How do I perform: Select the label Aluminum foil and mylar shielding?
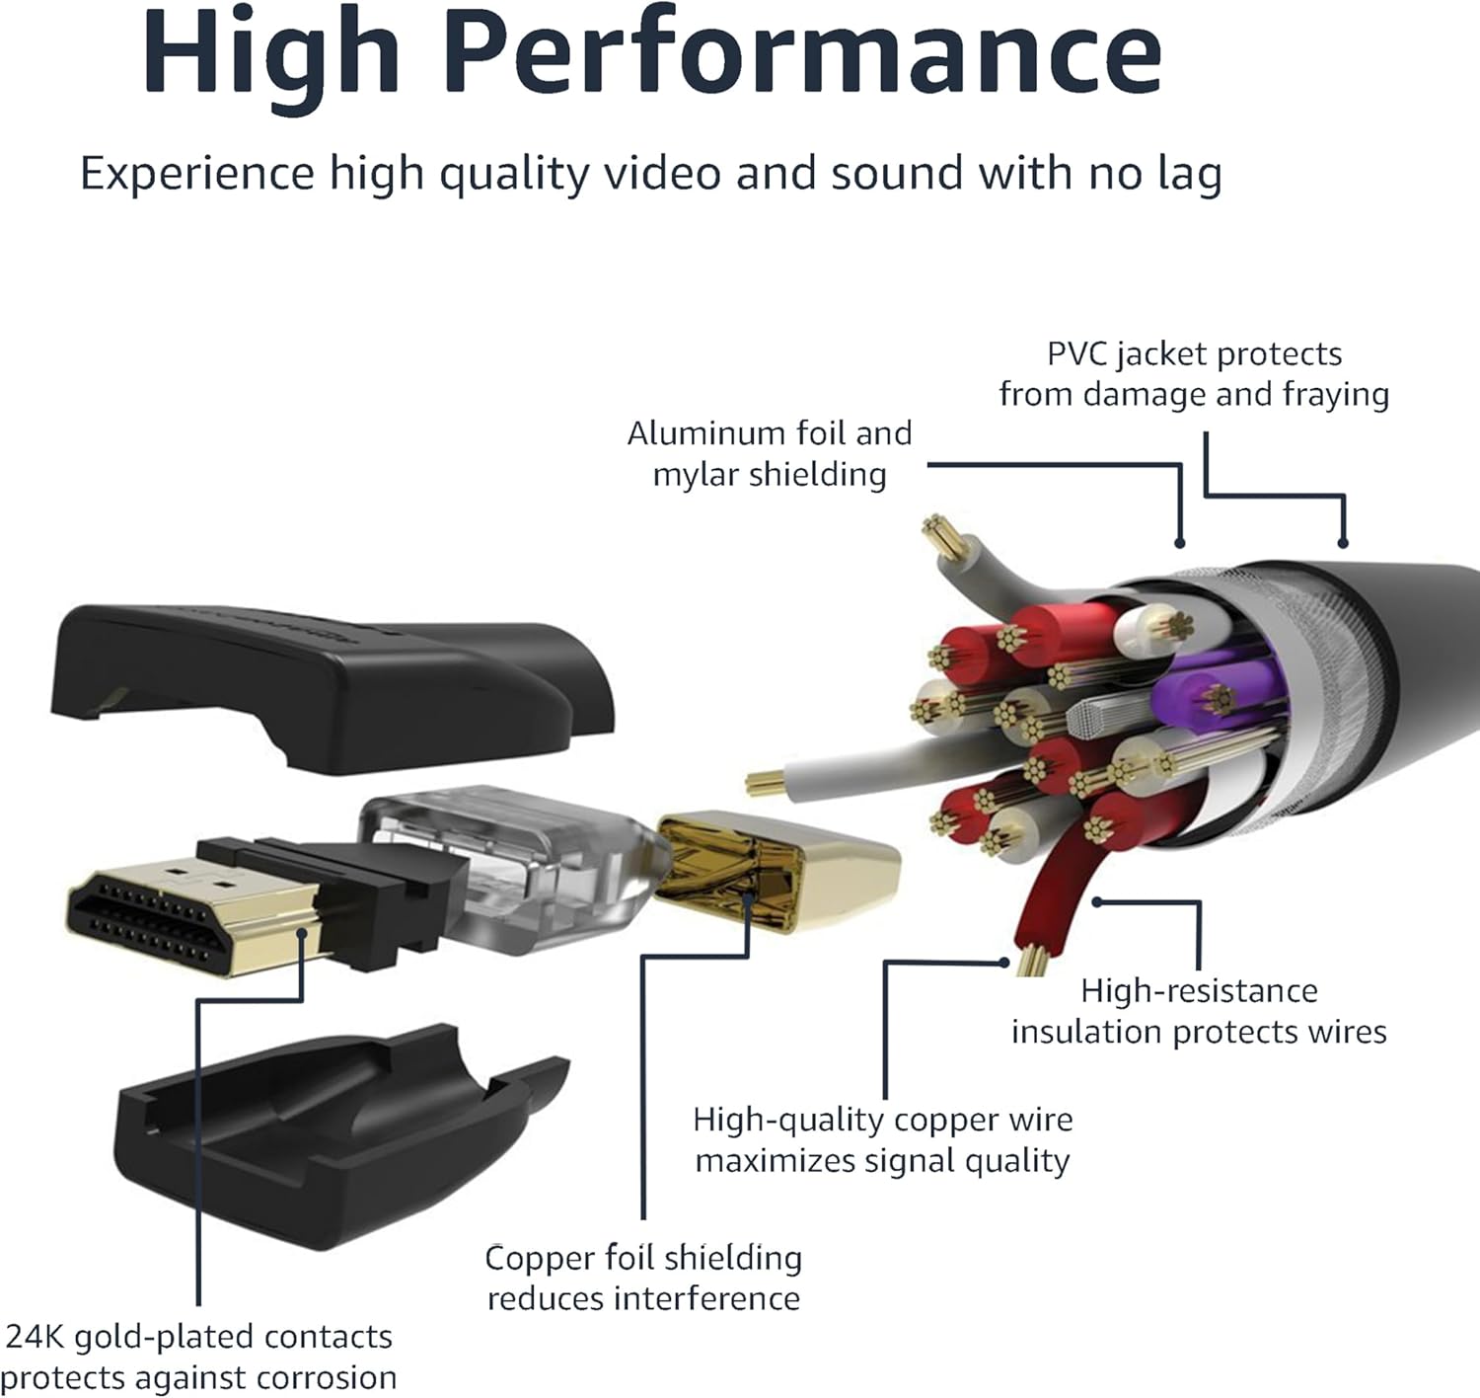tap(770, 454)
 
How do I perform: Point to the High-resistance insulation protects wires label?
tap(1199, 1011)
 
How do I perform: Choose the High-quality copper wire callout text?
tap(882, 1139)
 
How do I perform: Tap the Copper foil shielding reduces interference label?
tap(643, 1278)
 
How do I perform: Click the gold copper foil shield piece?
tap(779, 869)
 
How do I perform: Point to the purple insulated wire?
tap(1214, 696)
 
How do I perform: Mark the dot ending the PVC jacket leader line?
tap(1342, 542)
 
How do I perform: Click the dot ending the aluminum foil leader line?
tap(1179, 542)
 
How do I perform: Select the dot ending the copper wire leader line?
tap(1004, 961)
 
